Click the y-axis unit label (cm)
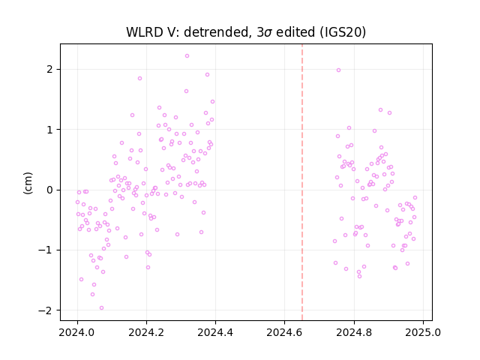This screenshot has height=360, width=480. tap(28, 182)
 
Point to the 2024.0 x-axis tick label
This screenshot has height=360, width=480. tap(76, 331)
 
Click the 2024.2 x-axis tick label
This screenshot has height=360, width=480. tap(146, 331)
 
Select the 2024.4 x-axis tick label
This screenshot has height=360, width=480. tap(215, 331)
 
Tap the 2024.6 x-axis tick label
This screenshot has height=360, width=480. tap(284, 331)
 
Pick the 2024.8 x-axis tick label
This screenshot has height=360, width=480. tap(354, 331)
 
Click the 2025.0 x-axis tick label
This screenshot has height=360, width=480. tap(423, 331)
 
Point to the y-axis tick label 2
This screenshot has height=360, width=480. tap(50, 70)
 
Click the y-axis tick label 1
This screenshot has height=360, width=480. tap(50, 130)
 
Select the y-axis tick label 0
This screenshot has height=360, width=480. tap(50, 190)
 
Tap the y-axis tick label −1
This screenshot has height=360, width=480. tap(46, 250)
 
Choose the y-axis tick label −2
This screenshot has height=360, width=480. tap(46, 310)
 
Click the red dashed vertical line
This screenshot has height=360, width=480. tap(302, 182)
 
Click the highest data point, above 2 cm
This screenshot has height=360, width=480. tap(187, 56)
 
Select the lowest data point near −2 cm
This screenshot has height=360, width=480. tap(102, 308)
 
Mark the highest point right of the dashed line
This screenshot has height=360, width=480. tap(338, 70)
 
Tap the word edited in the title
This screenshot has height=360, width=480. tap(295, 32)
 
